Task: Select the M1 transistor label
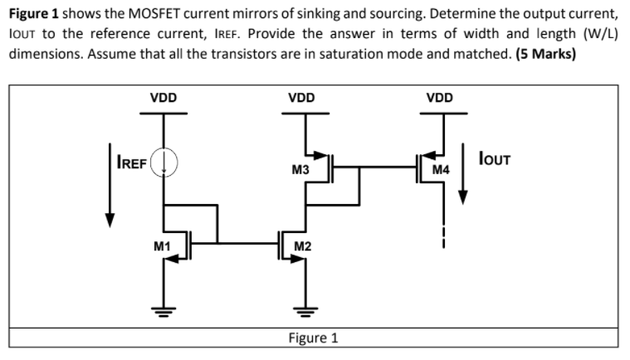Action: tap(163, 246)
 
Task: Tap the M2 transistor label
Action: tap(304, 246)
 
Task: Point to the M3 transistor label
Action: tap(300, 170)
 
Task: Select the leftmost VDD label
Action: tap(163, 97)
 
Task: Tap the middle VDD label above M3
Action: tap(300, 97)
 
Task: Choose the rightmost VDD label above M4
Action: tap(439, 97)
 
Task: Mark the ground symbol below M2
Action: tap(305, 313)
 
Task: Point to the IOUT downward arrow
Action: tap(464, 178)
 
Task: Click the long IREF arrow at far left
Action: tap(109, 183)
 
